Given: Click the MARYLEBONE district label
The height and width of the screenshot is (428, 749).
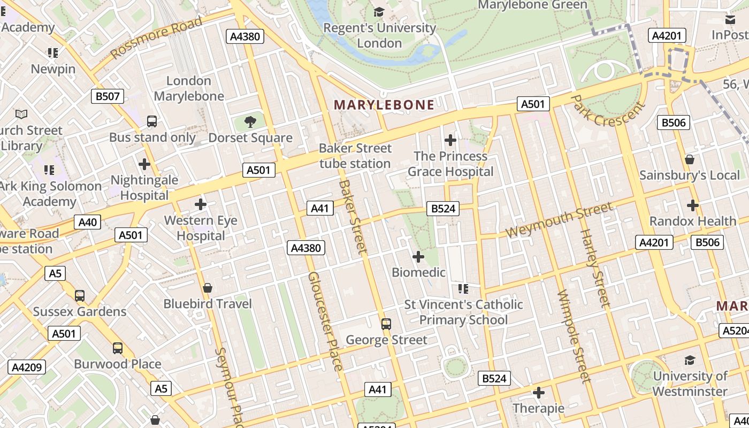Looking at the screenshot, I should coord(384,105).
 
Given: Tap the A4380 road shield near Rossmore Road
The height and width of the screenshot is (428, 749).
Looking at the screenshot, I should coord(245,36).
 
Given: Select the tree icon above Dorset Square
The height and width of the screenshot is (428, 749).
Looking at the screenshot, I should coord(250,122).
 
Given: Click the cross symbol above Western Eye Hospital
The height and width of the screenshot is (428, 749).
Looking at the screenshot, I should coord(201,204).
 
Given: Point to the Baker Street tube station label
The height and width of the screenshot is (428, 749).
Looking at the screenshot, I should coord(355,156).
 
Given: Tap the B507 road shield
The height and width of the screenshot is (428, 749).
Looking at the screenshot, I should coord(108,96).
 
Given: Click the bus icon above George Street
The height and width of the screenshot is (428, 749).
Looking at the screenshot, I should coord(386,324).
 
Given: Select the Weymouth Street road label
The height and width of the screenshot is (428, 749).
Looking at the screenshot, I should coord(559,220).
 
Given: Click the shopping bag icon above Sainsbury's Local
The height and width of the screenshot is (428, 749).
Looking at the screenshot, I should coord(690,159).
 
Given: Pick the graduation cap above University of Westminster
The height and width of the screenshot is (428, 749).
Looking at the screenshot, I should coord(690,360).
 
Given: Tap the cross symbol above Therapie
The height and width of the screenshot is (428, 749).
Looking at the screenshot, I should coord(539,393).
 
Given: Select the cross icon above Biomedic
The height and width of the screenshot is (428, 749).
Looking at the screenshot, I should coord(418,257).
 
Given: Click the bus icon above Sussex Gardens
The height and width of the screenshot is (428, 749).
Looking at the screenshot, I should coord(80,295).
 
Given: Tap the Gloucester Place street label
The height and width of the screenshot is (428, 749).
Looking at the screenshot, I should coord(324,321).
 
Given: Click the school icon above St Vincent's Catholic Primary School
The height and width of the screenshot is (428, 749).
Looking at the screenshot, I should coord(463,289).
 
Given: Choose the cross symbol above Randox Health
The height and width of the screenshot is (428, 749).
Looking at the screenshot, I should coord(693,205).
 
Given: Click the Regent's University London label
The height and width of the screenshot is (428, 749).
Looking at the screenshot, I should coord(379,35).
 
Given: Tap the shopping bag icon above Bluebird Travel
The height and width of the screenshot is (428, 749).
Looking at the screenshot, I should coord(208,288).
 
